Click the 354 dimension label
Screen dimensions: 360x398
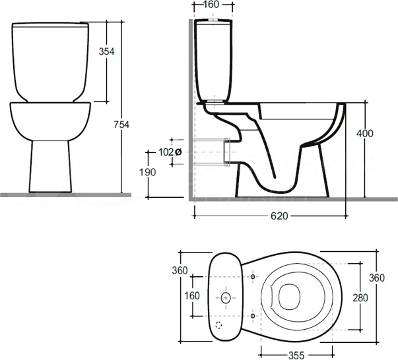coord(107,52)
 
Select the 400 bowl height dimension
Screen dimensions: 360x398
coord(364,134)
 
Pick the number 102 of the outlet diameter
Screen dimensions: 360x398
coord(166,152)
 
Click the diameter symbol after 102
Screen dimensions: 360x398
coord(178,152)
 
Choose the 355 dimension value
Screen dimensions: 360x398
coord(295,355)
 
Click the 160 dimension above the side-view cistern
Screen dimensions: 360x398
coord(211,5)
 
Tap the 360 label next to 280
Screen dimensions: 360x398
coord(376,278)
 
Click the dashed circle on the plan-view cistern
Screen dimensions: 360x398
coord(220,326)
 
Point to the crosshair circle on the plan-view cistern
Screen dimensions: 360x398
coord(226,298)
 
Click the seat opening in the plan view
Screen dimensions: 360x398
coord(289,297)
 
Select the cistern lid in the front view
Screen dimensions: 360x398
coord(51,27)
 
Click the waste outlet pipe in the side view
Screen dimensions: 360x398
coord(228,150)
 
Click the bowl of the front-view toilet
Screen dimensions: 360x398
coord(50,121)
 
